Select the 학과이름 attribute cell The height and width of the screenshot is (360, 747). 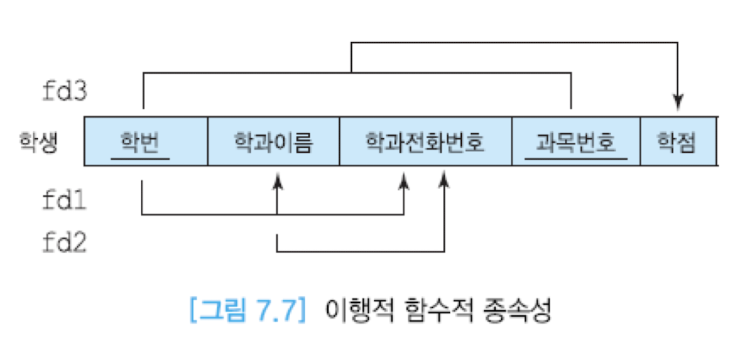[273, 141]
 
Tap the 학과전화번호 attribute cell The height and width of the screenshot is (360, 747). [425, 141]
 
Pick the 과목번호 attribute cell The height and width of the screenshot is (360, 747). [575, 141]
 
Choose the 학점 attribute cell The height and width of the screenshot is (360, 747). [677, 141]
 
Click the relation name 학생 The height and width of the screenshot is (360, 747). [38, 141]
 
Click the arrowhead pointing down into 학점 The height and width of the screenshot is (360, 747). [678, 103]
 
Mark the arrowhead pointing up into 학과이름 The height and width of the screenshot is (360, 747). [277, 181]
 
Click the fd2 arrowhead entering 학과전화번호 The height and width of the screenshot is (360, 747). [444, 181]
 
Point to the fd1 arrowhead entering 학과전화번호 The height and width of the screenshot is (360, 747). [404, 181]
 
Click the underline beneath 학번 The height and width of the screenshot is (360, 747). [140, 158]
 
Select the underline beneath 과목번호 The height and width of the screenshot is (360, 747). [575, 158]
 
